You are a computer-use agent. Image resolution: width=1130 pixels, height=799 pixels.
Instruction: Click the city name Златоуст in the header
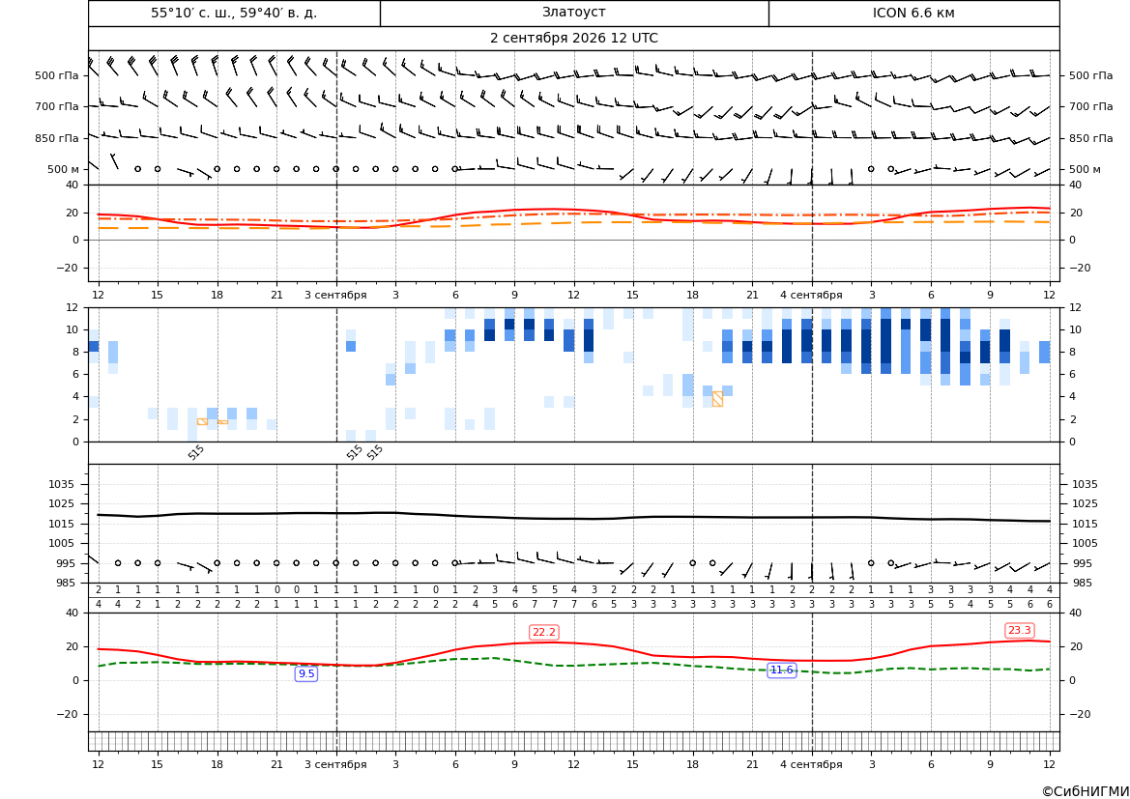pos(573,13)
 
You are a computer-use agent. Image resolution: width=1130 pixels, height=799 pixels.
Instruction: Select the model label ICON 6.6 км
pos(913,13)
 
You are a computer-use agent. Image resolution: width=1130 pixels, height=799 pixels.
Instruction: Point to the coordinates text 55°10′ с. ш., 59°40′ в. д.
pos(234,13)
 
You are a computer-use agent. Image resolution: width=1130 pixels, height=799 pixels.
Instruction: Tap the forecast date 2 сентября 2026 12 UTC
pos(573,39)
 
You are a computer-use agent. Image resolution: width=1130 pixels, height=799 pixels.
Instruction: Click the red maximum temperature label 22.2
pos(543,632)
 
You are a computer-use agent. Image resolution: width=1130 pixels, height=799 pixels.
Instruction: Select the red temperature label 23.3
pos(1019,631)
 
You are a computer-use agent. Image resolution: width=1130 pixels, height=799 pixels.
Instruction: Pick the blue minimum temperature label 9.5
pos(306,673)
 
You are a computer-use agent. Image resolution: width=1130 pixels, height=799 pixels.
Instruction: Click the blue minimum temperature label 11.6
pos(781,671)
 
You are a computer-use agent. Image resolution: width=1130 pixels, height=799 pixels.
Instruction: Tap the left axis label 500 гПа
pos(57,75)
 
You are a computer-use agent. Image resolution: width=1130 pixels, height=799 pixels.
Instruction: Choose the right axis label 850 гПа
pos(1091,138)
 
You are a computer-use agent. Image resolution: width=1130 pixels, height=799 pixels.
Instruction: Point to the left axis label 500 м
pos(63,169)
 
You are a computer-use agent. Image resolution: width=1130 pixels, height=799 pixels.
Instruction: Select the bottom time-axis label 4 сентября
pos(811,764)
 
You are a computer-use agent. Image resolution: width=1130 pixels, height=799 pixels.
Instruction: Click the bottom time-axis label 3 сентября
pos(335,764)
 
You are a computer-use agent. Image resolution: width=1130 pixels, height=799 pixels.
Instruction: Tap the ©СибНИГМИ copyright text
pos(1086,792)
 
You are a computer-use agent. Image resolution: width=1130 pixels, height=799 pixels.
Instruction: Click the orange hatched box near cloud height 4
pos(717,399)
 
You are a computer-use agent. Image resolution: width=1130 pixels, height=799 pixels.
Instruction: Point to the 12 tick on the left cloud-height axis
pos(72,307)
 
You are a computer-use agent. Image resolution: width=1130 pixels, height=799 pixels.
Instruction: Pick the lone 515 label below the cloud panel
pos(196,452)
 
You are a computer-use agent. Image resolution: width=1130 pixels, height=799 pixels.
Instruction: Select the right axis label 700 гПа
pos(1091,106)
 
